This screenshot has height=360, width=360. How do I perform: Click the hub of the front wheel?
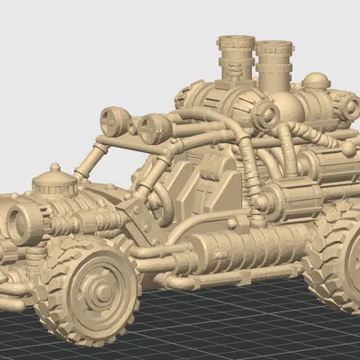(93, 288)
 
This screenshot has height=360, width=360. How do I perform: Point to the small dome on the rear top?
(316, 82)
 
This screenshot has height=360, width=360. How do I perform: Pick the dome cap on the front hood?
(55, 183)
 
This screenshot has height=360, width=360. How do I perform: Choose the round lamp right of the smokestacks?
(266, 114)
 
